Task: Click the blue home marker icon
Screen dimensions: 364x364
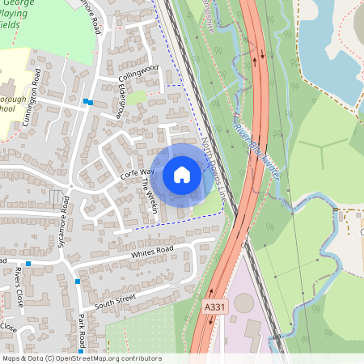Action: coord(182,175)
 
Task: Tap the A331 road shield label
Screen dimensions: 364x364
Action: coord(215,307)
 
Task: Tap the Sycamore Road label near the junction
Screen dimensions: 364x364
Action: coord(65,214)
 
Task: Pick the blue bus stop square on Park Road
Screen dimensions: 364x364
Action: coord(78,281)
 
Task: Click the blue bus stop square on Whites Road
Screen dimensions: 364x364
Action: coord(28,264)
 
